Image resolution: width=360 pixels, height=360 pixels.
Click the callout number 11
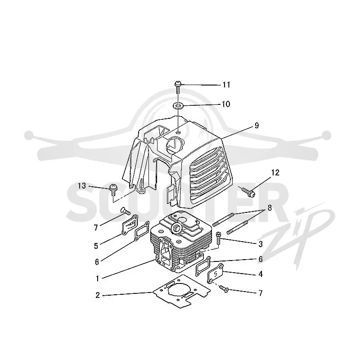coord(226,85)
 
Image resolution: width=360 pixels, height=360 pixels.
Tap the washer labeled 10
coord(178,106)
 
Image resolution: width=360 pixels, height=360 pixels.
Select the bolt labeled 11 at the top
coord(178,87)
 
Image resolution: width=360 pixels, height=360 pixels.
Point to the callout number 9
coord(256,126)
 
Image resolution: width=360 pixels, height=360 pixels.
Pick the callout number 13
coord(82,186)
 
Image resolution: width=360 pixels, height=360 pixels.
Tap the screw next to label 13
coord(113,189)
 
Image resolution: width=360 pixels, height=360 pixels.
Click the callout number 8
coord(270,208)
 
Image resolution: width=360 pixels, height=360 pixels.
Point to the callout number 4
coord(261,274)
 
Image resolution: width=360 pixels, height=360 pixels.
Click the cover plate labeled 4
coord(215,273)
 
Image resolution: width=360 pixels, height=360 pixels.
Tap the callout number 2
coord(98,295)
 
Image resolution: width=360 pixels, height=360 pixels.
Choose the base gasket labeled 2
coord(181,292)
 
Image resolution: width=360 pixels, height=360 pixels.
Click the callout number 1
coord(97,279)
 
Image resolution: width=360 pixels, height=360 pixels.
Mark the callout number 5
coord(96,246)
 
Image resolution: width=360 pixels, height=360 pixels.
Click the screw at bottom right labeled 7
coord(224,289)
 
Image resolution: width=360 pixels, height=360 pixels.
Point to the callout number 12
coord(275,172)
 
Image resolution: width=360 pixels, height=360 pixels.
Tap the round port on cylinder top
coord(176,227)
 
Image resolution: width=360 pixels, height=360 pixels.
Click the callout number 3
coord(261,244)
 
